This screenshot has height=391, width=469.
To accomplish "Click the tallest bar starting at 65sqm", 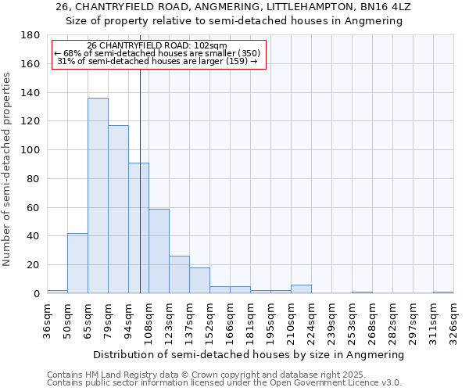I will click(98, 195).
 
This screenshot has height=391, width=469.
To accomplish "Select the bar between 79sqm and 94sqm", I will click(118, 209).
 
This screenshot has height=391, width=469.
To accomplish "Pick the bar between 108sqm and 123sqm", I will click(159, 251).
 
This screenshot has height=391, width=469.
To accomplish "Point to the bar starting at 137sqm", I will click(199, 280).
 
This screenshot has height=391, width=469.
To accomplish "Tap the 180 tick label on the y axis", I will click(30, 35).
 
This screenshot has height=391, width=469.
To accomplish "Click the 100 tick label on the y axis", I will click(30, 150).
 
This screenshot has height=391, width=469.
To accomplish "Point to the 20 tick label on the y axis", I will click(33, 265).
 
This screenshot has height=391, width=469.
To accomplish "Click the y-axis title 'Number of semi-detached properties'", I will click(8, 169).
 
